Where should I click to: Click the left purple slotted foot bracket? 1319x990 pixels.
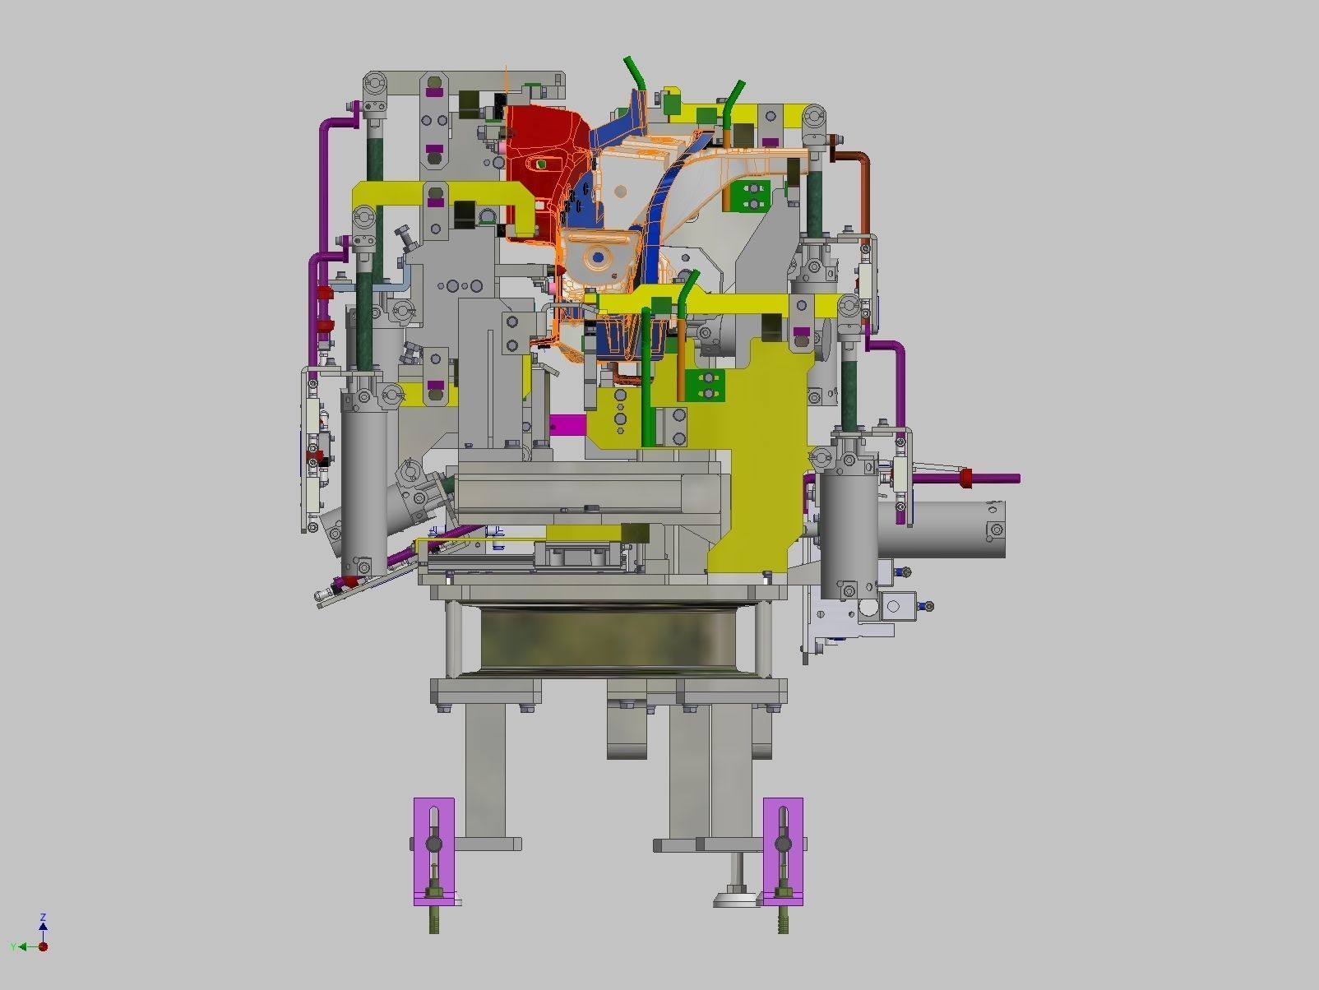pyautogui.click(x=433, y=851)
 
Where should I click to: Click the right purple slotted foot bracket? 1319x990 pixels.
pyautogui.click(x=783, y=851)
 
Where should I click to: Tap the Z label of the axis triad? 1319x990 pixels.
pyautogui.click(x=43, y=917)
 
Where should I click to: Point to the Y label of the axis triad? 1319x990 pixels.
pyautogui.click(x=13, y=947)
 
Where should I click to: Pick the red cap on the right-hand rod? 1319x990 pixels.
pyautogui.click(x=965, y=478)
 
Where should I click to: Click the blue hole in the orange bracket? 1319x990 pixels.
pyautogui.click(x=599, y=257)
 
